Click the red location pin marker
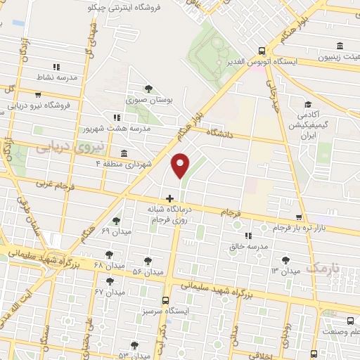coord(181,166)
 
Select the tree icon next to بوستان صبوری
coord(148,89)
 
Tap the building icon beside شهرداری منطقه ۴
coord(124,153)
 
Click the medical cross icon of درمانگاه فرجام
coord(169,198)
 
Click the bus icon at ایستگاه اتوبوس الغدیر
coord(262,51)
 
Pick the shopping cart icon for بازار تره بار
coord(300,217)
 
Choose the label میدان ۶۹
coord(115,231)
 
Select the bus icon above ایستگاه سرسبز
coord(167,298)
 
